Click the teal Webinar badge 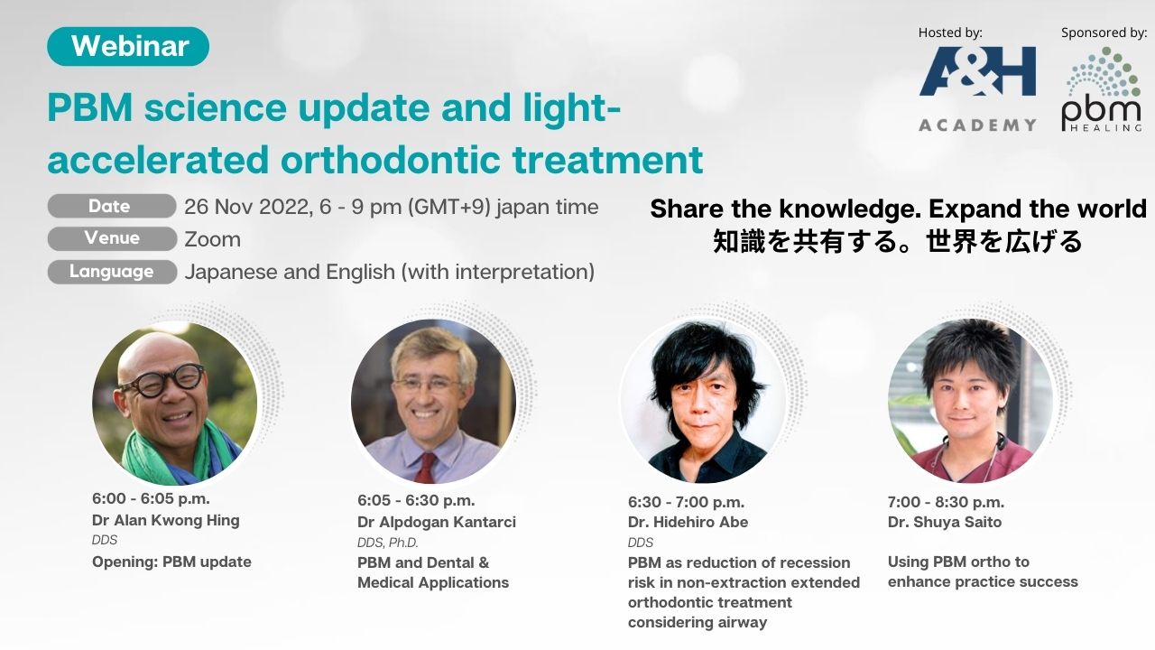[x=128, y=46]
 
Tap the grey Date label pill [x=111, y=207]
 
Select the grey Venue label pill [x=112, y=238]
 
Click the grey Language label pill [x=112, y=272]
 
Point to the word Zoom [x=212, y=240]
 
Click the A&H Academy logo [x=977, y=88]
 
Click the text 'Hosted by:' [x=950, y=32]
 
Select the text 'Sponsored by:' [x=1104, y=33]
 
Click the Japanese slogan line [x=897, y=241]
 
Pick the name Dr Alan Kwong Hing [x=165, y=521]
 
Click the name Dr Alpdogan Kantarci [x=436, y=522]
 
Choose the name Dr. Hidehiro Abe [x=688, y=522]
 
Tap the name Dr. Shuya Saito [x=945, y=522]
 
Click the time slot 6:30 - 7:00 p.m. [x=687, y=502]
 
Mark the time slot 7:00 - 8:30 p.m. [x=947, y=502]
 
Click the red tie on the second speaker [x=427, y=468]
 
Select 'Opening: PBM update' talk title [x=171, y=562]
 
